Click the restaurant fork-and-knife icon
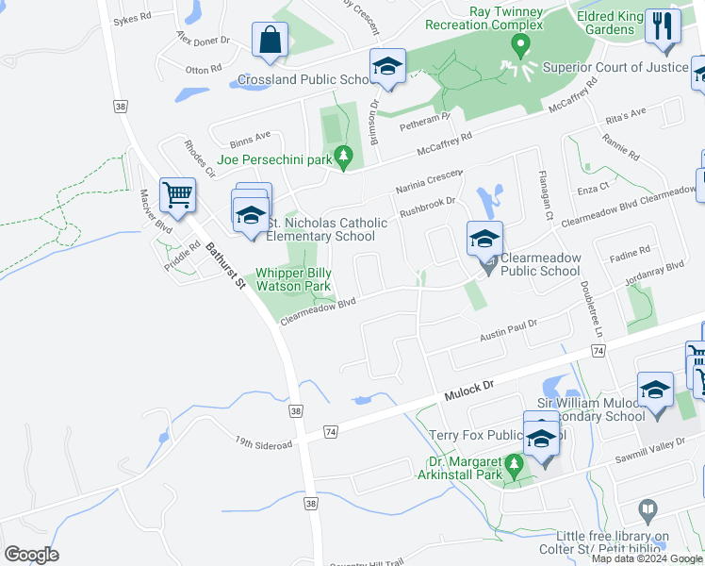pyautogui.click(x=663, y=25)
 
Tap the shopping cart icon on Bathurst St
pyautogui.click(x=176, y=195)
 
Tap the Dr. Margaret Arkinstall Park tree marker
pyautogui.click(x=515, y=464)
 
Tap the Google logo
pyautogui.click(x=31, y=555)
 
